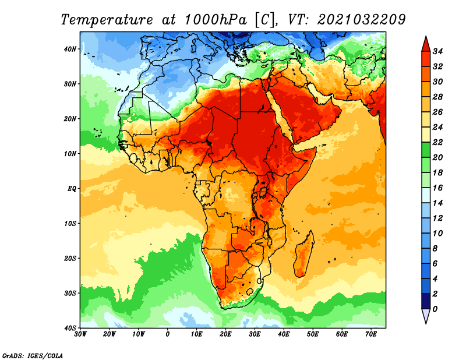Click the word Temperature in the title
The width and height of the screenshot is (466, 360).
[x=107, y=20]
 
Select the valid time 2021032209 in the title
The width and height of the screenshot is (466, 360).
[x=361, y=20]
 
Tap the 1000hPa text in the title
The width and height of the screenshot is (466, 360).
[x=216, y=20]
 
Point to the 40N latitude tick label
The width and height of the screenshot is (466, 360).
[x=70, y=49]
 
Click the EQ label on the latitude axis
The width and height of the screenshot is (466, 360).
[x=72, y=189]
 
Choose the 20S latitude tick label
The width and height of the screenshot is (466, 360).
[x=70, y=258]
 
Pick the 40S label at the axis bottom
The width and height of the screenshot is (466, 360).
[x=70, y=328]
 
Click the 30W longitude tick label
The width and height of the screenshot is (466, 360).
[x=80, y=334]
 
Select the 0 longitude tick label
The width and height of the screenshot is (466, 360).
[x=168, y=334]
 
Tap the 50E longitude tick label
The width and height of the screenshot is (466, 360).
[x=313, y=334]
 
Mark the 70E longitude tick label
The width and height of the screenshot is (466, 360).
[x=371, y=334]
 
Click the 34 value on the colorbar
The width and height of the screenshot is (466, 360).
[x=437, y=51]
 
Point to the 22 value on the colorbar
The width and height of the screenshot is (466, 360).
[x=437, y=142]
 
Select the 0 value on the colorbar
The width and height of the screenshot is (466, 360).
[x=435, y=309]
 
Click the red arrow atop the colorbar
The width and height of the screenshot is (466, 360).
[x=426, y=45]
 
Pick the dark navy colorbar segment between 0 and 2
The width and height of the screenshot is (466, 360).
[x=426, y=301]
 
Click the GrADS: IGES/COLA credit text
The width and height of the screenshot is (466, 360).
[x=33, y=356]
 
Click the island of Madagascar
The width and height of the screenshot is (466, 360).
[x=303, y=254]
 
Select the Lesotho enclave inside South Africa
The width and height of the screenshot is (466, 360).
[x=250, y=291]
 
